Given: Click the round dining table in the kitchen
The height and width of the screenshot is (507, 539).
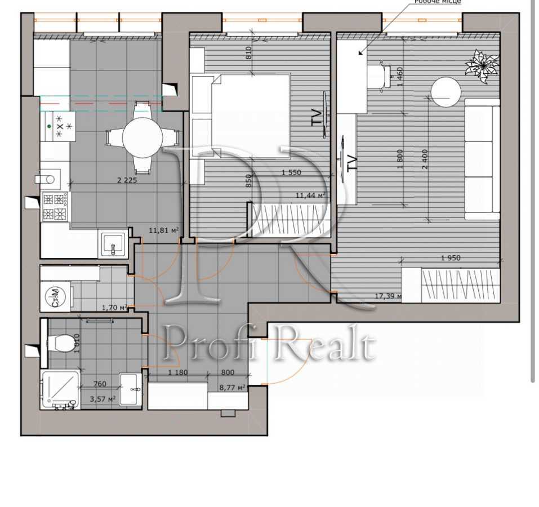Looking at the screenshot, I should click(143, 137).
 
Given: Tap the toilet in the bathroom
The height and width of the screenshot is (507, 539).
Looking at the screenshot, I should click(62, 342).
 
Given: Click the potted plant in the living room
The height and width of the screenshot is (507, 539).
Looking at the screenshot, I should click(482, 65).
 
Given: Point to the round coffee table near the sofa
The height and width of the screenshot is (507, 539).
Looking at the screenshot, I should click(446, 91).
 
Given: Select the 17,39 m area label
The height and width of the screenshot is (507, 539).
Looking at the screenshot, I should click(388, 296).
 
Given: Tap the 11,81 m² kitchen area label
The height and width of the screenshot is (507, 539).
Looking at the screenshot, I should click(164, 230).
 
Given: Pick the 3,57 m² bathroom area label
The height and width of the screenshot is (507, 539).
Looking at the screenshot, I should click(104, 399).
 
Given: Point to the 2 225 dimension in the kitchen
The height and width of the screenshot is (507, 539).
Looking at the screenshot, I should click(126, 180).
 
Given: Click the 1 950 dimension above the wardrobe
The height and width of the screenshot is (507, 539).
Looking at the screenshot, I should click(450, 258).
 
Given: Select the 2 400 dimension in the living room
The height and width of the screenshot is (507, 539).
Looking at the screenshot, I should click(425, 159).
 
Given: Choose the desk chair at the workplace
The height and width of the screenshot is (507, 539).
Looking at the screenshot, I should click(379, 75).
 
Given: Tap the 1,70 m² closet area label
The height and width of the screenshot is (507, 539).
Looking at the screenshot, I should click(114, 308).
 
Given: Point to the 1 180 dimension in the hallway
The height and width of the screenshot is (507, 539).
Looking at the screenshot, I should click(178, 372).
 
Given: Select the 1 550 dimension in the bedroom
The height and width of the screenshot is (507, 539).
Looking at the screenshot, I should click(291, 172).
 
